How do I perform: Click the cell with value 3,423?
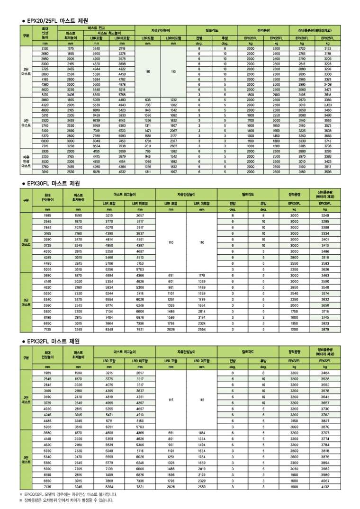tap(327, 105)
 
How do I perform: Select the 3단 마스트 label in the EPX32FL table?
tap(26, 459)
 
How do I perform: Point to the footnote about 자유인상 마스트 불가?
tap(71, 494)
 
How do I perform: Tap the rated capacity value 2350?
tap(294, 269)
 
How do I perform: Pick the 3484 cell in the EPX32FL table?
tap(325, 373)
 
